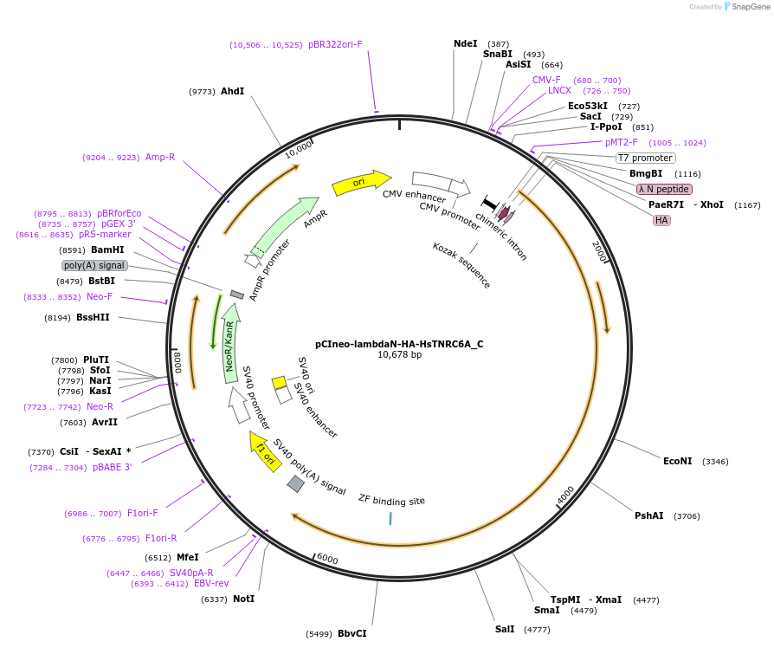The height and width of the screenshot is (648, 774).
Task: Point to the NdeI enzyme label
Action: point(465,43)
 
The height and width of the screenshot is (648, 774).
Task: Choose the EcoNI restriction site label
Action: point(677,461)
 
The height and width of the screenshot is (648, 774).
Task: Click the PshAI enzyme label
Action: point(649,515)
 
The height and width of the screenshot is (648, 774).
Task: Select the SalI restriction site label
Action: point(505,629)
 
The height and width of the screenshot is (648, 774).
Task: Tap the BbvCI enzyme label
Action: point(352,633)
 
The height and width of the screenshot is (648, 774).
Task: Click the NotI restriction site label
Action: point(244,599)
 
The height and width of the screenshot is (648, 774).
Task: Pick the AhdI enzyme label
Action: point(232,91)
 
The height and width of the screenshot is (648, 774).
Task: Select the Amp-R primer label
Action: point(160,157)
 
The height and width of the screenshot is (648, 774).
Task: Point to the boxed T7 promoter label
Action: point(645,158)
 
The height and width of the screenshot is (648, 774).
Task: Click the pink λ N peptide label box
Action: point(664,189)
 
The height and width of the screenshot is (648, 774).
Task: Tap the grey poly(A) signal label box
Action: point(94,265)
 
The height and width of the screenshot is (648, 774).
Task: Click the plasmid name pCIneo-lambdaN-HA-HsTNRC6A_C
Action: point(399,343)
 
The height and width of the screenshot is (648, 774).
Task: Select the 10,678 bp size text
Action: point(399,354)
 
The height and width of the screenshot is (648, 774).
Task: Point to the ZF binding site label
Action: point(391,500)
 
